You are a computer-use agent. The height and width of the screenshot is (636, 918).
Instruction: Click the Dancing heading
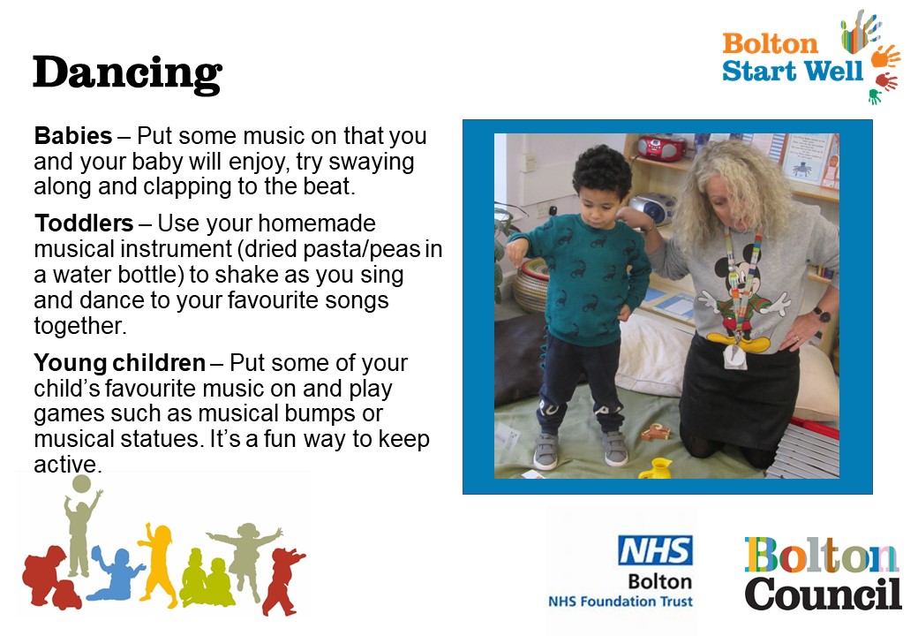coord(128,74)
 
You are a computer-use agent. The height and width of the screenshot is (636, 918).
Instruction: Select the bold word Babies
coord(73,136)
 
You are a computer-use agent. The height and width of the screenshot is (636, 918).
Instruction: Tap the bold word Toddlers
coord(85,223)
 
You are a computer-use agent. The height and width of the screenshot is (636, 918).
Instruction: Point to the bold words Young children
coord(119,363)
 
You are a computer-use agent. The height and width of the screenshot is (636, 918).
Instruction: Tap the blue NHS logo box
coord(655,550)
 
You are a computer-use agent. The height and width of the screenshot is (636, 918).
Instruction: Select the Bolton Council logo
coord(823,574)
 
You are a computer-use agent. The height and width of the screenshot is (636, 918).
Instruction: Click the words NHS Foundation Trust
coord(620,602)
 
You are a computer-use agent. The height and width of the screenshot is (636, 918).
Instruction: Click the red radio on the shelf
coord(661,147)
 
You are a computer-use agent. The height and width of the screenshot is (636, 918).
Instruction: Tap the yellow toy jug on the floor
coord(657,468)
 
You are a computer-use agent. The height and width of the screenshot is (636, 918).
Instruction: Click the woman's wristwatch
coord(823,315)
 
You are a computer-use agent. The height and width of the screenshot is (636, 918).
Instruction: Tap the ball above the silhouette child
coord(81,484)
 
